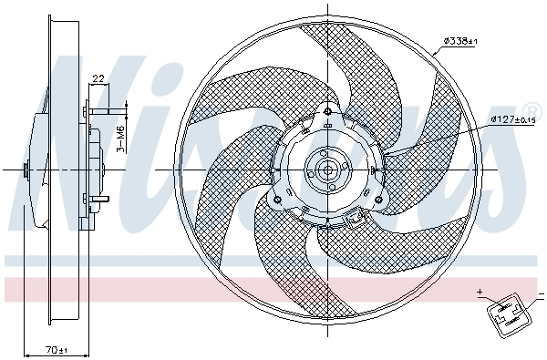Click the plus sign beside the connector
click(x=479, y=293)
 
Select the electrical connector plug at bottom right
click(x=506, y=314)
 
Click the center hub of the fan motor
click(x=325, y=170)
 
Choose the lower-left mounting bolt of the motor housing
click(x=276, y=200)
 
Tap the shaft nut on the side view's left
click(x=26, y=170)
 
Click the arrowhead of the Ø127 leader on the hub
click(x=387, y=156)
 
